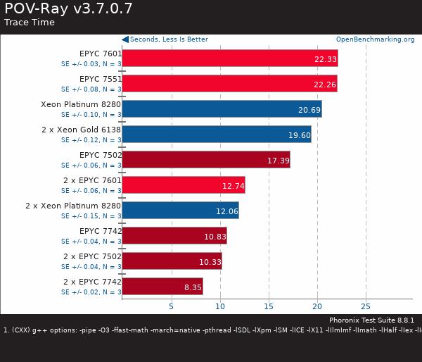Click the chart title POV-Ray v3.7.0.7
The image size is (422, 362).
coord(68,8)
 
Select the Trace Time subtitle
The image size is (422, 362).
coord(30,23)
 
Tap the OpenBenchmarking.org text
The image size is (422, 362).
coord(375,39)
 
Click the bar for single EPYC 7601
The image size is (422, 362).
coord(229,58)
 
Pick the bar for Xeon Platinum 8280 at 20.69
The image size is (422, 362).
coord(222,109)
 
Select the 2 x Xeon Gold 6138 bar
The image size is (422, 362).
coord(216,135)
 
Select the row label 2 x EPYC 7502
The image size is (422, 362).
coord(92,256)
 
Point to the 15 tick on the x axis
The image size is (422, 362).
coord(268,306)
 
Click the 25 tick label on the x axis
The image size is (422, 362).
coord(366,306)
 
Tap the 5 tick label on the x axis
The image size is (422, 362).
coord(171,306)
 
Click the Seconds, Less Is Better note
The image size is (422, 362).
coord(170,39)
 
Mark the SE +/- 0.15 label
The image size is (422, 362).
coord(91,216)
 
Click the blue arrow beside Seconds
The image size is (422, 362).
coord(125,39)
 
